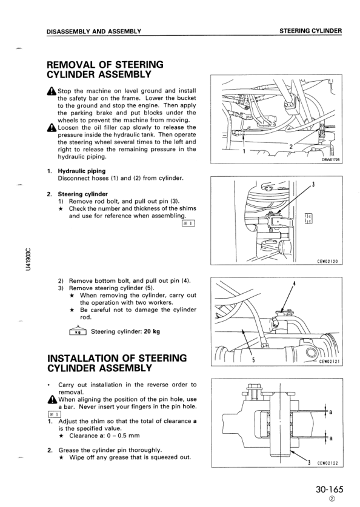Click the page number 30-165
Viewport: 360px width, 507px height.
329,489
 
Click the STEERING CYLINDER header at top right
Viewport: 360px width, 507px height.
310,31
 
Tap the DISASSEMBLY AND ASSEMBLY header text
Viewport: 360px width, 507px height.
94,31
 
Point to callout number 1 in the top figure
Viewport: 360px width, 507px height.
244,151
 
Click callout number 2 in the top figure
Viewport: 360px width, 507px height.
291,146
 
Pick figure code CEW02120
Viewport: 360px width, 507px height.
327,261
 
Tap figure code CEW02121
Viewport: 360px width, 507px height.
329,362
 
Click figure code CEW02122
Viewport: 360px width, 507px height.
327,463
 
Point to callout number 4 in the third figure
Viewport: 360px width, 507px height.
294,284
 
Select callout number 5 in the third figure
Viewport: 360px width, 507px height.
253,360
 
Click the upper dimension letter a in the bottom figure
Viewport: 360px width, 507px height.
330,412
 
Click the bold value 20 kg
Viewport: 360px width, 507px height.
152,331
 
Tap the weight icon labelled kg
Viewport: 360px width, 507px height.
78,330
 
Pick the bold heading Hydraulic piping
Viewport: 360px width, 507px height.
82,171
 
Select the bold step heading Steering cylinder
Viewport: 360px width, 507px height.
83,194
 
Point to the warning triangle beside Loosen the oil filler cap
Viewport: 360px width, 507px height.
52,128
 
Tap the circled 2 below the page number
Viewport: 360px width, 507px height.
330,499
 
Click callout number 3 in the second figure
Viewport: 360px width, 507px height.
313,185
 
